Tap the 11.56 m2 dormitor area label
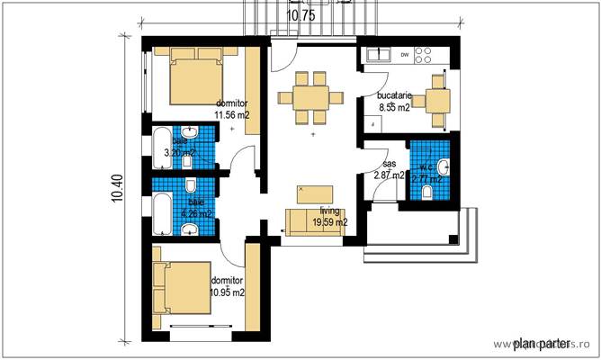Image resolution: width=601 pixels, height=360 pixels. pyautogui.click(x=231, y=109)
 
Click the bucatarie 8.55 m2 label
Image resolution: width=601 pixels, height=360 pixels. pyautogui.click(x=394, y=101)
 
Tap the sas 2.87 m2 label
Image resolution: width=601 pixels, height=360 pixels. pyautogui.click(x=389, y=170)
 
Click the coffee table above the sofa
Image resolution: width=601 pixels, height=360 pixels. pyautogui.click(x=313, y=193)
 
